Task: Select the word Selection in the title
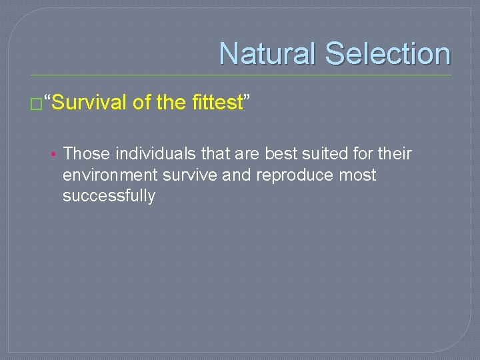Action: click(x=388, y=54)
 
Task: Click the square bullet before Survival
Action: click(x=35, y=104)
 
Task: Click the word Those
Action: click(x=87, y=154)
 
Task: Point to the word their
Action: click(x=395, y=154)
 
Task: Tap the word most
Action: click(x=357, y=175)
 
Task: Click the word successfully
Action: click(x=109, y=196)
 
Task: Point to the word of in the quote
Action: click(x=141, y=103)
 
